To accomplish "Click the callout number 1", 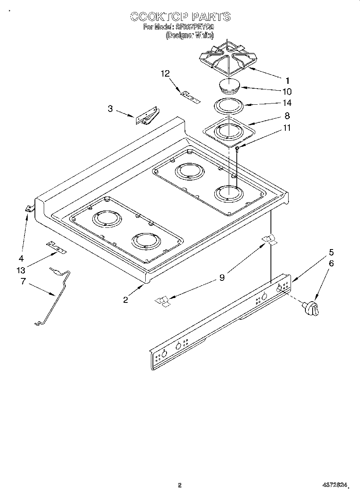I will click(287, 80).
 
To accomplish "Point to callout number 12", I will click(165, 73).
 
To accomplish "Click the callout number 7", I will click(22, 282).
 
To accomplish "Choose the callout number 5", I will click(331, 252).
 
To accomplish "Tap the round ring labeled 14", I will click(229, 107).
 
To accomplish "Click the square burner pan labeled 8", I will click(228, 131).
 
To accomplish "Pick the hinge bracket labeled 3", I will click(147, 117).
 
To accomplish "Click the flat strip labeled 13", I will click(56, 248).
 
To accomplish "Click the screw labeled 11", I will click(237, 149).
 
